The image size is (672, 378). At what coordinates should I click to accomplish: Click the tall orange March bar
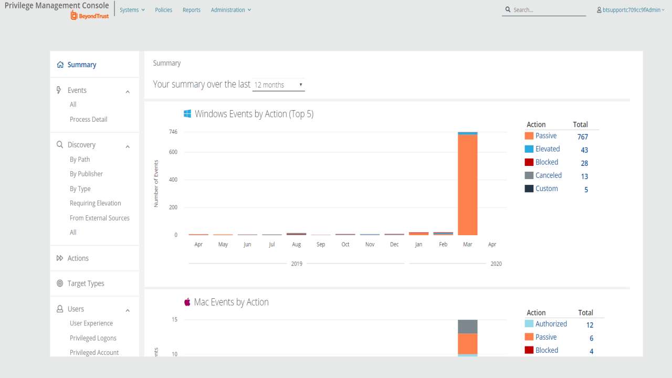[x=467, y=184]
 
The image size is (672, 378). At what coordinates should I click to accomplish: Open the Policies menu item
[x=164, y=10]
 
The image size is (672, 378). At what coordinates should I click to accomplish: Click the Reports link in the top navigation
[x=192, y=10]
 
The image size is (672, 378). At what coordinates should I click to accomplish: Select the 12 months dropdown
[x=278, y=85]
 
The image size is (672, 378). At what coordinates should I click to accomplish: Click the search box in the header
[x=546, y=10]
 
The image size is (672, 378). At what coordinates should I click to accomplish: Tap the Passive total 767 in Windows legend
[x=582, y=137]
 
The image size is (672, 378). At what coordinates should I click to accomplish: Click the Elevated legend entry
[x=548, y=149]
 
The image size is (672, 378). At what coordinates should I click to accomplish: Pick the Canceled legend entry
[x=548, y=175]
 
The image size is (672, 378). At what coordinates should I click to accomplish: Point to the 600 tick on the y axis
[x=173, y=152]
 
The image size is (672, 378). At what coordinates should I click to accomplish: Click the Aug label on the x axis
[x=296, y=245]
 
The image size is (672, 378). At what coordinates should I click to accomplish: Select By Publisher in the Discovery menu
[x=86, y=174]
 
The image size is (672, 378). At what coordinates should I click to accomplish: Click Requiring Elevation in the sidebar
[x=95, y=203]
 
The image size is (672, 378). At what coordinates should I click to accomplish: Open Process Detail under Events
[x=88, y=119]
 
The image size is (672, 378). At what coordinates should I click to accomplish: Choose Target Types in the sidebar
[x=86, y=283]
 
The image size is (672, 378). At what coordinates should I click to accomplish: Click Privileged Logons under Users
[x=93, y=338]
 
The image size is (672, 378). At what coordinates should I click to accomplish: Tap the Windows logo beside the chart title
[x=187, y=114]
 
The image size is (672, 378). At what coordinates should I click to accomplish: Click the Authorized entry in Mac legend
[x=551, y=324]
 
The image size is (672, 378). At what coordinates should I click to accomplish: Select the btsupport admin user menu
[x=631, y=10]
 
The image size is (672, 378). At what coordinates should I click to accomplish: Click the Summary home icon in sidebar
[x=60, y=65]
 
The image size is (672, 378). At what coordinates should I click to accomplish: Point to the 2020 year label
[x=496, y=264]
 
